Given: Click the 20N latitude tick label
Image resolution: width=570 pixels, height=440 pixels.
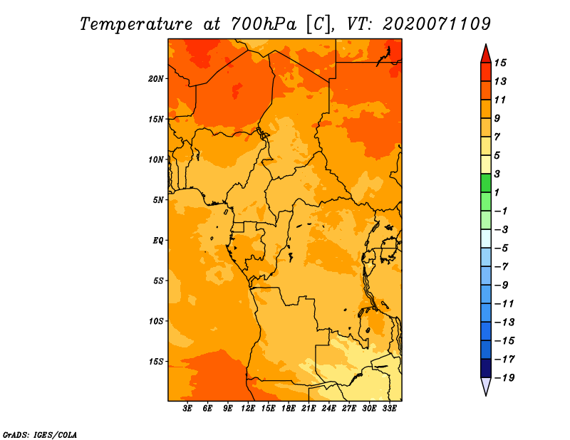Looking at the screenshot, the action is [155, 79].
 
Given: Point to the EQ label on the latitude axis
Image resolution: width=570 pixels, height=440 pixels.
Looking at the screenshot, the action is [157, 241].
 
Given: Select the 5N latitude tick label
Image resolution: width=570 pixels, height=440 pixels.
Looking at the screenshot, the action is [158, 200].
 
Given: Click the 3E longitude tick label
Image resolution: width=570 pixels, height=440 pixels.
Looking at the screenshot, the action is [187, 408].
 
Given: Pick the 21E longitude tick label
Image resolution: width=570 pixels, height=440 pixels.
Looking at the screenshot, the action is [309, 408].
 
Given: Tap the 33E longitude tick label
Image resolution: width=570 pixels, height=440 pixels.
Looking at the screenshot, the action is [389, 408].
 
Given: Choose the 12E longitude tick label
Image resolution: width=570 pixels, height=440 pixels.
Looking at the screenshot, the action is [247, 408].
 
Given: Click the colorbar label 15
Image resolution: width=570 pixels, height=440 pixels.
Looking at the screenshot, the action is [500, 63].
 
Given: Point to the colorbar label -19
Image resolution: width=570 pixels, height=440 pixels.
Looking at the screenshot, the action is [504, 378].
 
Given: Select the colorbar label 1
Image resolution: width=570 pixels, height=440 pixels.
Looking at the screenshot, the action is [497, 192].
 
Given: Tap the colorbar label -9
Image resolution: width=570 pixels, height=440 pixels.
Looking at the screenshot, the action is [501, 286].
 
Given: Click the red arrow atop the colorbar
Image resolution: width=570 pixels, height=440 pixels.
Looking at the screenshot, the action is [486, 54].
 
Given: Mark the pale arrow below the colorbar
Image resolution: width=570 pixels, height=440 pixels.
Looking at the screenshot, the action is [486, 386].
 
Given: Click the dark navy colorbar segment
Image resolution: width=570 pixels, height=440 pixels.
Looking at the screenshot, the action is [486, 368].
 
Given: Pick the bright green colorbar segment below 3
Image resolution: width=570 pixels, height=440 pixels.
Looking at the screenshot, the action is [486, 183].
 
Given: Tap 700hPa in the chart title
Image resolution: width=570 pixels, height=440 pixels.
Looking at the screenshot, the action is [263, 24].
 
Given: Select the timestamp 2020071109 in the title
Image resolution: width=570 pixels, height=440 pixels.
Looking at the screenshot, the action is [437, 24].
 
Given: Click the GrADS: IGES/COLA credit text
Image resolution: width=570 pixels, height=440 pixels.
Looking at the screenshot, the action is [40, 434].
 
